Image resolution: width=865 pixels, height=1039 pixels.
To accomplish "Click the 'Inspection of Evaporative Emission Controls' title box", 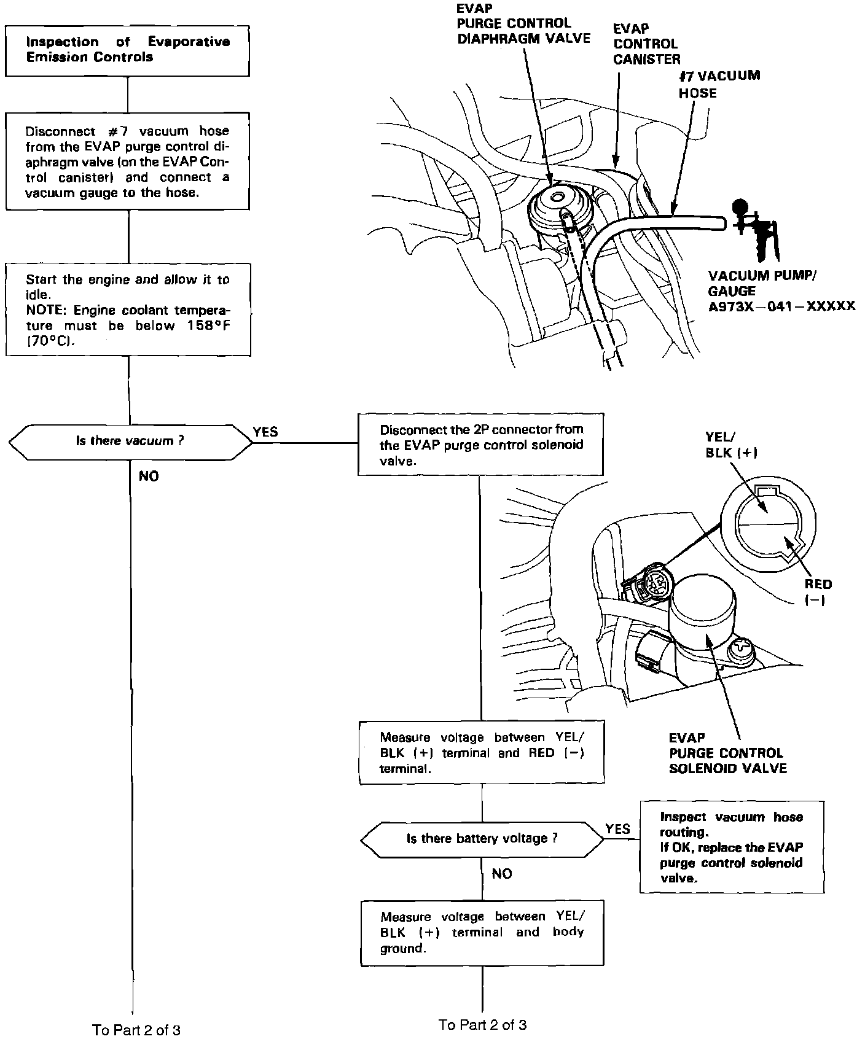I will pos(128,50).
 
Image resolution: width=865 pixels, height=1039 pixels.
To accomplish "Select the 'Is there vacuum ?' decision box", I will pos(130,442).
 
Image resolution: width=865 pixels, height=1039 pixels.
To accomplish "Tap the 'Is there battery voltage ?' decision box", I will pos(482,839).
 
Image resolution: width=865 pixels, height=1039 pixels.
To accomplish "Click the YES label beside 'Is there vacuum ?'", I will pos(265,432).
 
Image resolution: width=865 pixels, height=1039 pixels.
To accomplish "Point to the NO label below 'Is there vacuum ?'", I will pos(149,476).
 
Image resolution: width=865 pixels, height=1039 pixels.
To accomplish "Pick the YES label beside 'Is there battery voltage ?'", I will pos(617,828).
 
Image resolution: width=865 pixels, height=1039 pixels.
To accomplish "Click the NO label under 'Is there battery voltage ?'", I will pos(502,873).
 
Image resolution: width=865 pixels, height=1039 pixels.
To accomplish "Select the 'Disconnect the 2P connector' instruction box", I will pos(480,445).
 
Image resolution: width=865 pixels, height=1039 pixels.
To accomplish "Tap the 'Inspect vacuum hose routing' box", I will pos(731,847).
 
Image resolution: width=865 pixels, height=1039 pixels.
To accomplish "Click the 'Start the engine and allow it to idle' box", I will pos(128,309).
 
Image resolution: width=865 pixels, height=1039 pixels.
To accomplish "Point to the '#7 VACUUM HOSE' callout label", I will pos(719,84).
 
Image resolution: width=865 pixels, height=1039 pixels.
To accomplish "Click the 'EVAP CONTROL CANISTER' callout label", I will pos(646,44).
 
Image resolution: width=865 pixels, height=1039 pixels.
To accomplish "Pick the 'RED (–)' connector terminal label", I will pos(818,592).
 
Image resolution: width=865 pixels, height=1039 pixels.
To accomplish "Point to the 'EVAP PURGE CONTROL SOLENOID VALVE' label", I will pos(727,753).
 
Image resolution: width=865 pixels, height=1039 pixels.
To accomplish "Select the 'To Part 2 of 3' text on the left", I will pos(136,1029).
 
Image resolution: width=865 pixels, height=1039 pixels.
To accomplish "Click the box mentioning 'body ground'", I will pos(482,932).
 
